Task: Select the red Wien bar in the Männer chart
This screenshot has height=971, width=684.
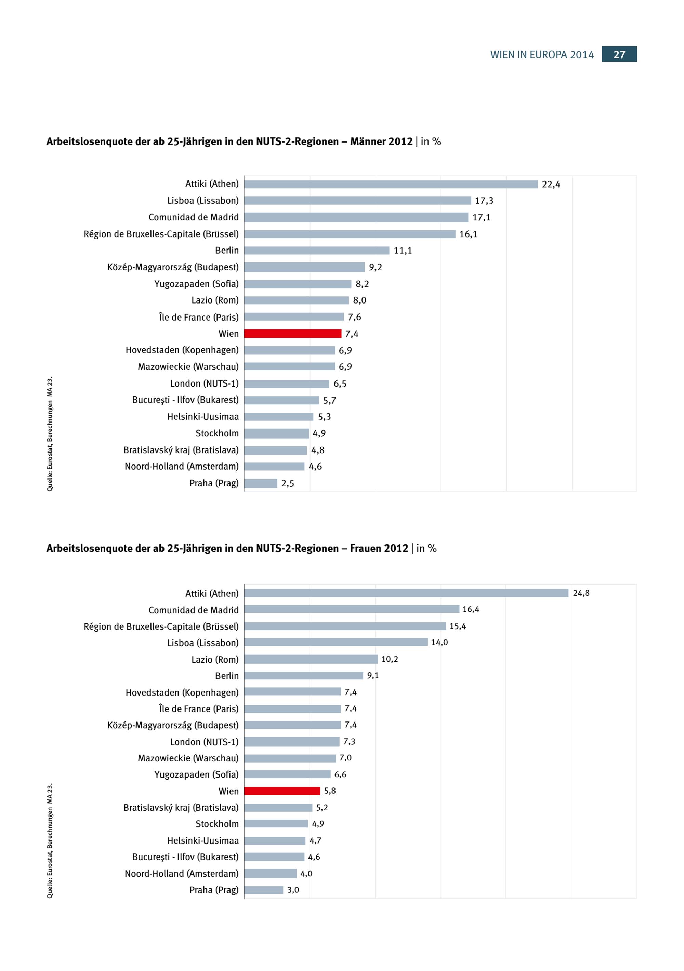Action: point(292,334)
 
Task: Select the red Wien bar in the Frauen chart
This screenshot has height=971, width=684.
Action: point(282,791)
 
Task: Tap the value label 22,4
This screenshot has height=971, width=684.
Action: point(551,184)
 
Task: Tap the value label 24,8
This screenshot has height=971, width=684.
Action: point(581,593)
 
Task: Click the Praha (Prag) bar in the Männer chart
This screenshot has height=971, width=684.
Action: point(261,483)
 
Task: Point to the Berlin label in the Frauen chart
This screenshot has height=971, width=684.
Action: point(227,676)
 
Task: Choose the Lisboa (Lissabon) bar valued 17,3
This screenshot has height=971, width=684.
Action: point(357,201)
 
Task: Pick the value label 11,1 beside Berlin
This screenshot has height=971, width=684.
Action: point(403,251)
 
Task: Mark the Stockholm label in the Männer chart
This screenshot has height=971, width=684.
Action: point(217,433)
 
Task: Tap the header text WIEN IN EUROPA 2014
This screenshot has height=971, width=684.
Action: point(542,55)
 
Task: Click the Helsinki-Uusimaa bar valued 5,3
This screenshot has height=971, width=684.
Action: point(278,417)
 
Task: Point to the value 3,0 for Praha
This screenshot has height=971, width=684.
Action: point(293,890)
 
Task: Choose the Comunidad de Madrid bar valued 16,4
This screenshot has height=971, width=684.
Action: point(351,609)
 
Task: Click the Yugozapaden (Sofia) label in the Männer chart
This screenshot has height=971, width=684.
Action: point(196,284)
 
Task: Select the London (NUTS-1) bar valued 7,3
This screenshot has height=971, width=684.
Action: point(292,741)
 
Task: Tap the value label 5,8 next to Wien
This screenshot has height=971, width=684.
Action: point(330,791)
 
